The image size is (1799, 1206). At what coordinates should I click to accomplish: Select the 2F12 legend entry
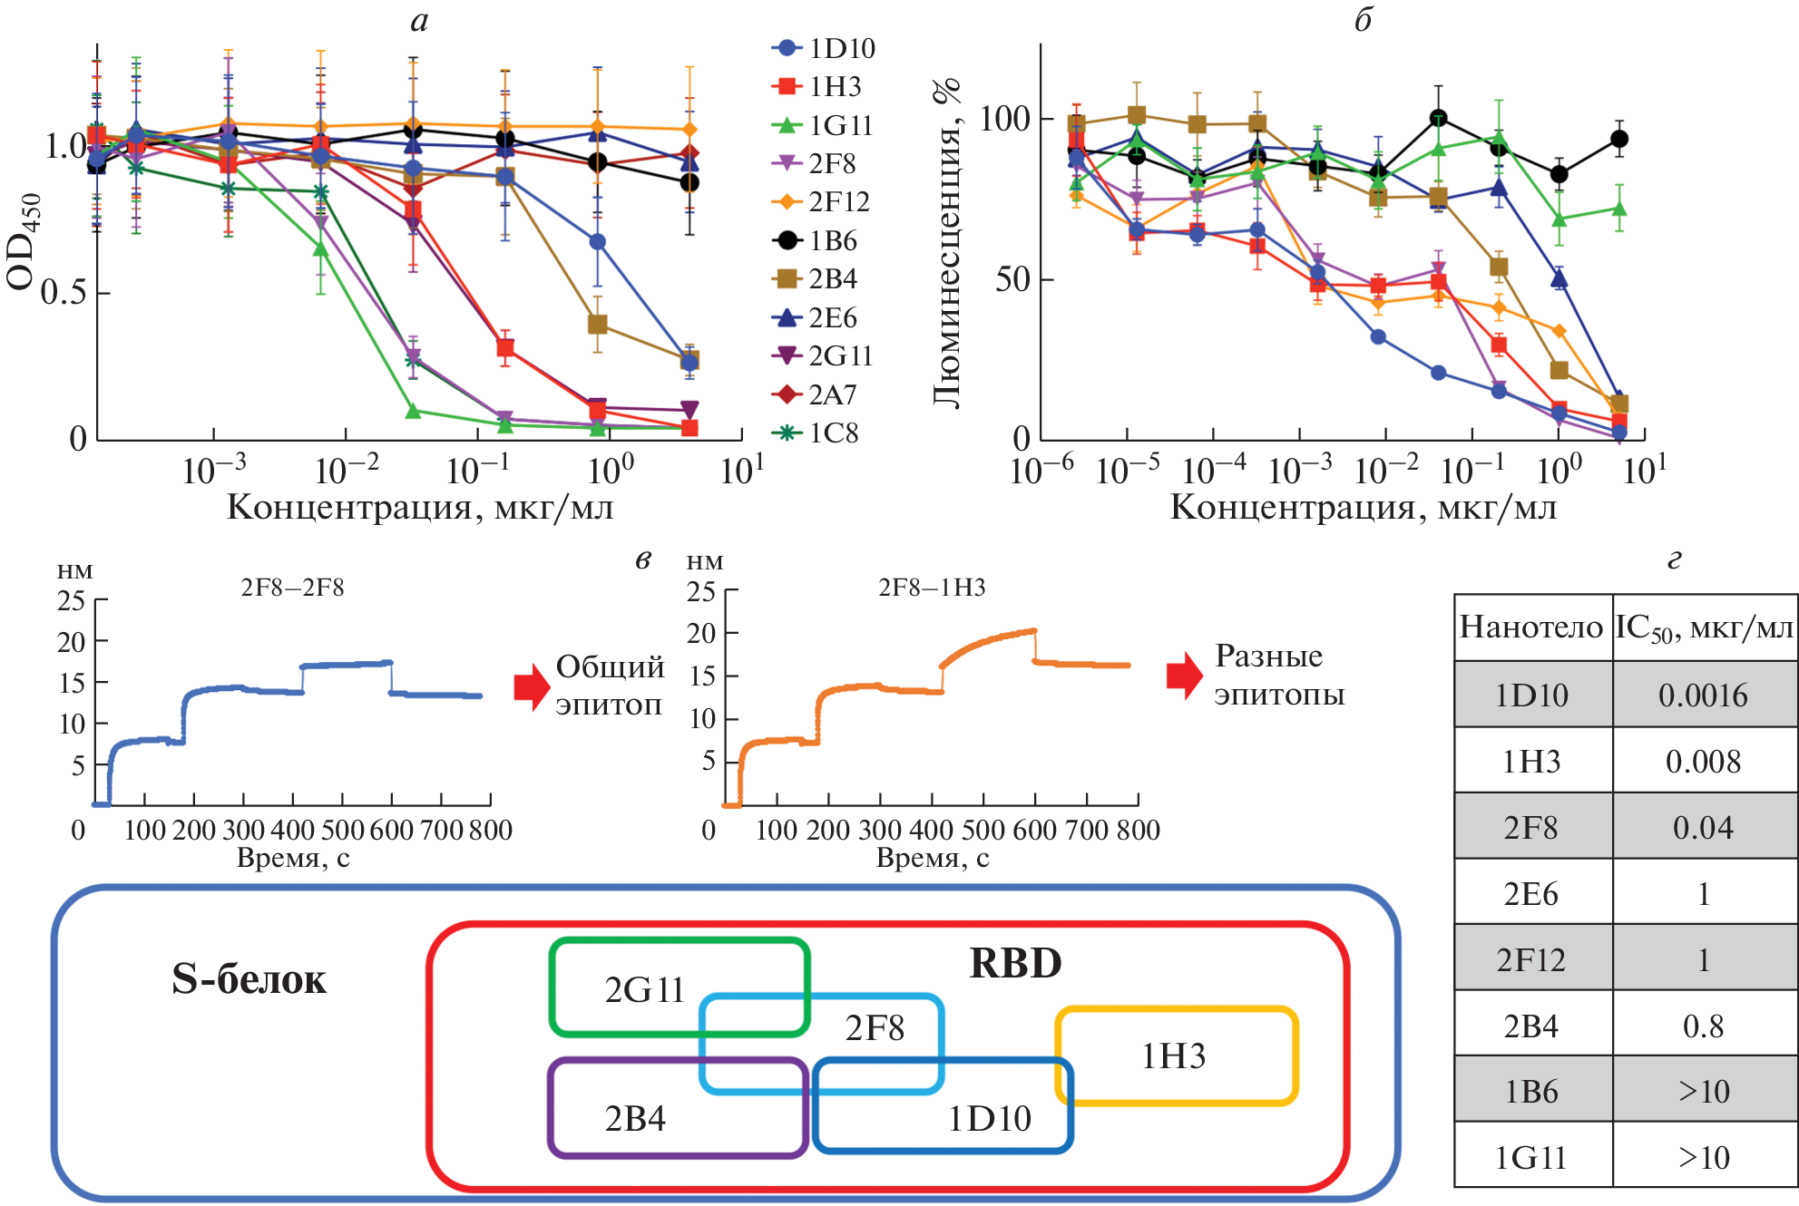[822, 201]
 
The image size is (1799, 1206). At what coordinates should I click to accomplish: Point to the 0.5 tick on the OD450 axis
[63, 292]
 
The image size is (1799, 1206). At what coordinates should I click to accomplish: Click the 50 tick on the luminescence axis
[1012, 279]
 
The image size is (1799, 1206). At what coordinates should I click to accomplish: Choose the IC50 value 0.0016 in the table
[1703, 695]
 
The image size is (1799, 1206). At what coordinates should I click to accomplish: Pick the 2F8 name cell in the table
[1531, 828]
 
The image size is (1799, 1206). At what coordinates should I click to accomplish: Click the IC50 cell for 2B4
[1703, 1026]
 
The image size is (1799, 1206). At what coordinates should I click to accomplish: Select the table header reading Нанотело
[1531, 627]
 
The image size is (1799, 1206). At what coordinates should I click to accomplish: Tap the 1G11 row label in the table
[1531, 1158]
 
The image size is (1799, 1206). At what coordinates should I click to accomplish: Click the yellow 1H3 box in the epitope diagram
[1175, 1056]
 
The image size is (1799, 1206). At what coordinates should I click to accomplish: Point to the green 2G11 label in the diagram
[645, 989]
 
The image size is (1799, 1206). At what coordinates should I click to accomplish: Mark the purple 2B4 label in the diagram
[635, 1119]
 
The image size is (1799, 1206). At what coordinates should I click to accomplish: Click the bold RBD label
[1015, 963]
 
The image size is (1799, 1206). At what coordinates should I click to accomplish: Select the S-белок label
[249, 979]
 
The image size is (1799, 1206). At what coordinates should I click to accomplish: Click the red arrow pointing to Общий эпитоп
[531, 686]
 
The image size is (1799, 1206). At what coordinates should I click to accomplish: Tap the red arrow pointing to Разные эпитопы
[1184, 676]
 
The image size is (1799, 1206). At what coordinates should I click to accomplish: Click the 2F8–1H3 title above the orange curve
[932, 588]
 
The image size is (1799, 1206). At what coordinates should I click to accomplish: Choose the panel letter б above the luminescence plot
[1363, 20]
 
